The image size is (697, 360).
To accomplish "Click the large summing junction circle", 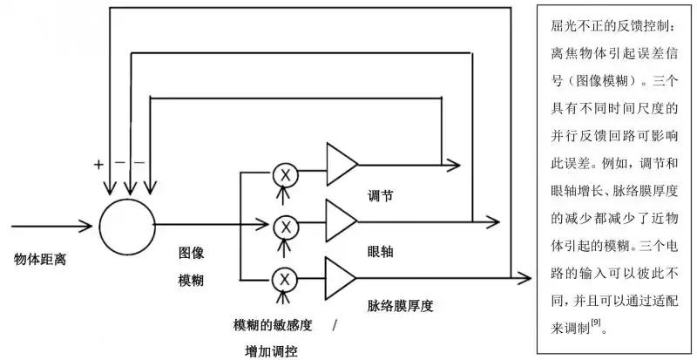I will pos(126,224).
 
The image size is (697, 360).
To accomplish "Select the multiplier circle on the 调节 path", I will pos(284,173).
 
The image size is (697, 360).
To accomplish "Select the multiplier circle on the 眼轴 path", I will pos(284,226).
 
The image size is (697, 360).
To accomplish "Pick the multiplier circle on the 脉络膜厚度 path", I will pos(284,279).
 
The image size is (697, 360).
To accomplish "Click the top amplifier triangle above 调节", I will pos(340,164).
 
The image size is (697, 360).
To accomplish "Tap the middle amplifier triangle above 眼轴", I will pos(340,221).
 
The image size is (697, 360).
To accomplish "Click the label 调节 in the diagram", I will pos(381,196).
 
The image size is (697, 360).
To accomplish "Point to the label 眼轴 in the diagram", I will pos(381,251).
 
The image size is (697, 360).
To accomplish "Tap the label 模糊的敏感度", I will pos(270,325).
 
